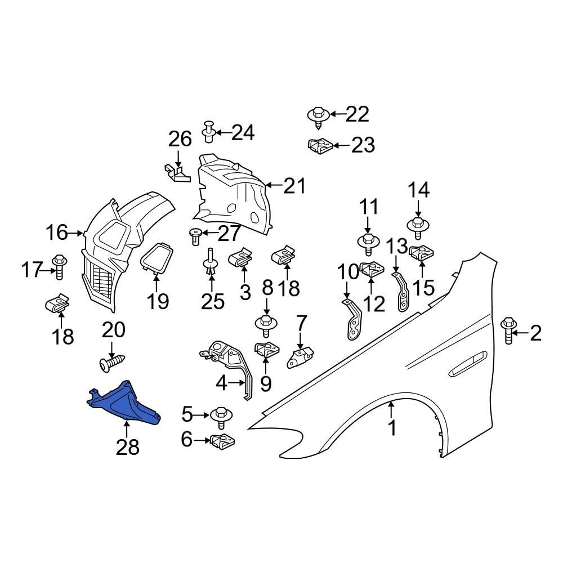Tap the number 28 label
pyautogui.click(x=127, y=448)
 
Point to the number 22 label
pyautogui.click(x=357, y=114)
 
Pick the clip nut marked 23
pyautogui.click(x=319, y=146)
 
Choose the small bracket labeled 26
pyautogui.click(x=177, y=172)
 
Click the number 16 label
pyautogui.click(x=56, y=232)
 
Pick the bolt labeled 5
pyautogui.click(x=219, y=415)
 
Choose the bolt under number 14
pyautogui.click(x=417, y=226)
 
